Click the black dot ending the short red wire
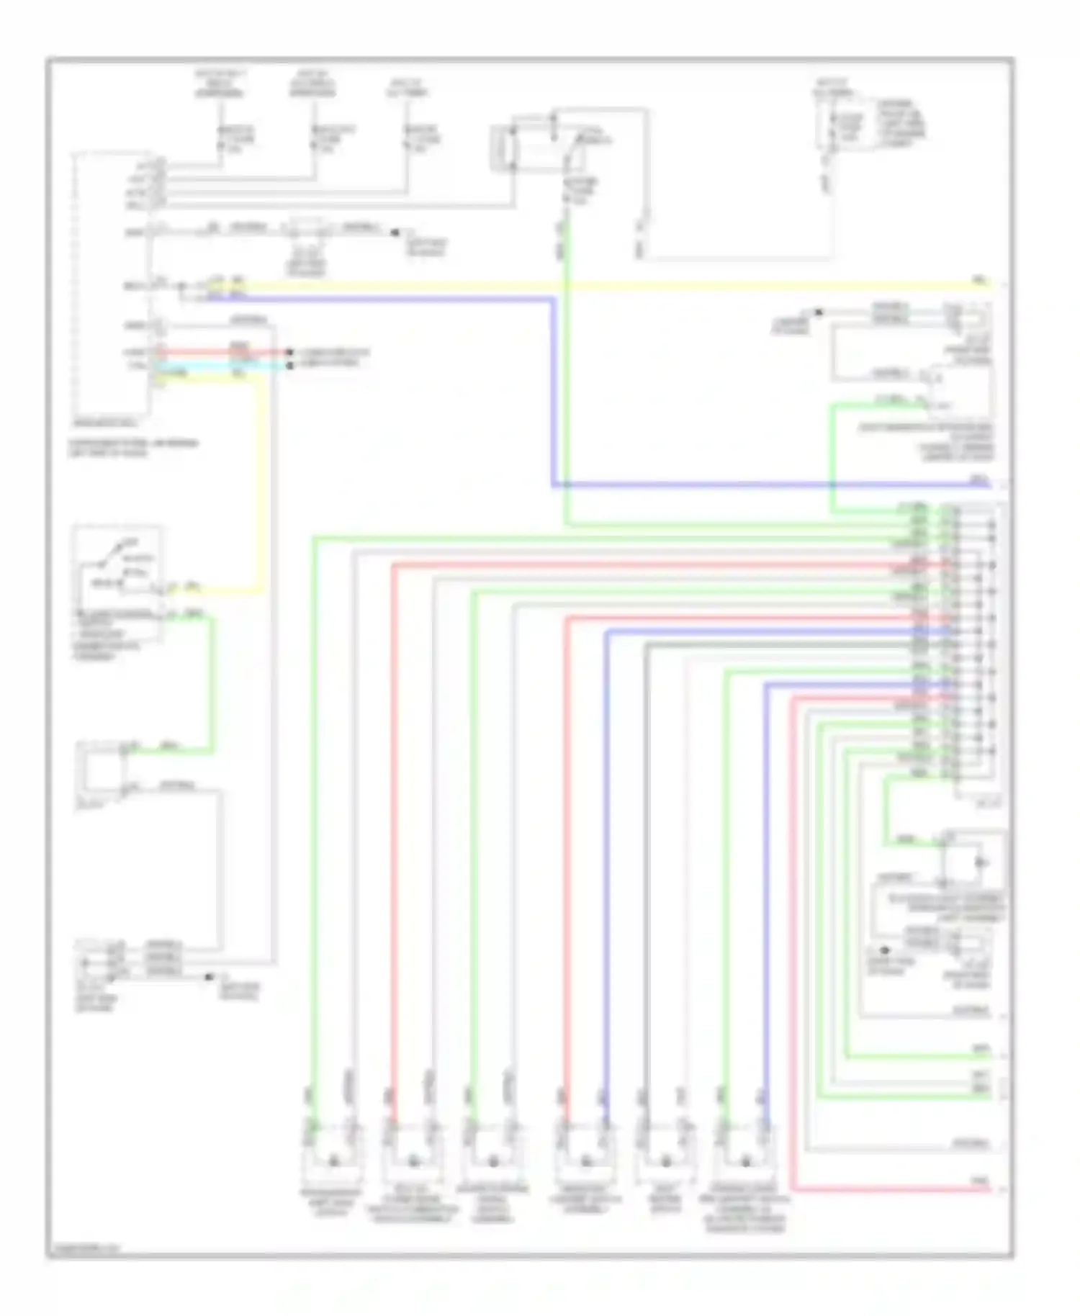click(x=289, y=353)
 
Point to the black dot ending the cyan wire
click(x=289, y=366)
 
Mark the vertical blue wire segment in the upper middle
click(x=553, y=389)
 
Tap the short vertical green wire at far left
click(x=212, y=684)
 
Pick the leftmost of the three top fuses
click(x=221, y=139)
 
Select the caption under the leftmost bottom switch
click(x=331, y=1202)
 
